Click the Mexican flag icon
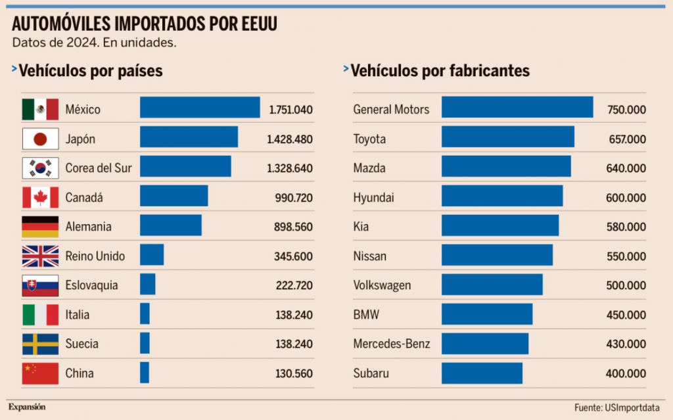coord(40,109)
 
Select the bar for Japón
coord(189,137)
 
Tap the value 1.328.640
coord(290,168)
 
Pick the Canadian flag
coord(40,197)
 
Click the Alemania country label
coord(88,227)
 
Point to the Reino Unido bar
coord(152,255)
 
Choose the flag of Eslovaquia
coord(40,285)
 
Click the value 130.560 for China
coord(294,373)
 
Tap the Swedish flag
coord(40,344)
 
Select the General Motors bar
coord(517,108)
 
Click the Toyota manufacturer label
coord(369,139)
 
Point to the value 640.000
coord(626,168)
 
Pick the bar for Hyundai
coord(502,197)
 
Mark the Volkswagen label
coord(382,285)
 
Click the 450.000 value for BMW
coord(626,315)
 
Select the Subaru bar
coord(482,373)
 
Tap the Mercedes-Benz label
coord(392,344)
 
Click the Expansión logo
coord(27,407)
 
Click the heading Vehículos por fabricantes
coord(440,71)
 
